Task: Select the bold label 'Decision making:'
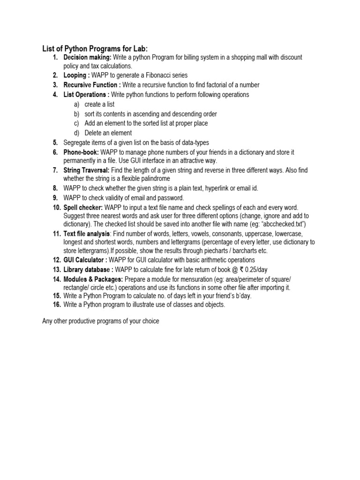87,57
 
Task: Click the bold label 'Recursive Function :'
92,85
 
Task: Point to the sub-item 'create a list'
99,104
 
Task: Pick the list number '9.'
55,198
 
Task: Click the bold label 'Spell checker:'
83,207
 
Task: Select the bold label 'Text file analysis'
87,233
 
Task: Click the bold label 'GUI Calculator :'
85,260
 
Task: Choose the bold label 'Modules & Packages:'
93,279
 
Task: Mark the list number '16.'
56,305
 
